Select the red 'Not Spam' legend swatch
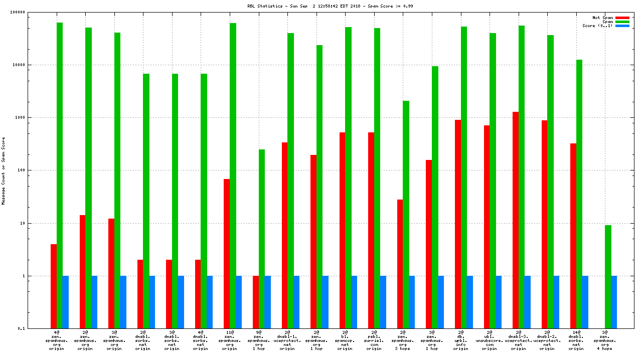[622, 18]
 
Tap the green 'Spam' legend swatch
[622, 22]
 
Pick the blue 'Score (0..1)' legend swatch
[622, 26]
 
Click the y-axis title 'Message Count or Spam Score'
[4, 170]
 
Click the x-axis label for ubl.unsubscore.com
[490, 340]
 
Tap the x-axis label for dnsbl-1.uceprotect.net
[287, 340]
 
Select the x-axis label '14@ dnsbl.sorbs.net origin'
[576, 340]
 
